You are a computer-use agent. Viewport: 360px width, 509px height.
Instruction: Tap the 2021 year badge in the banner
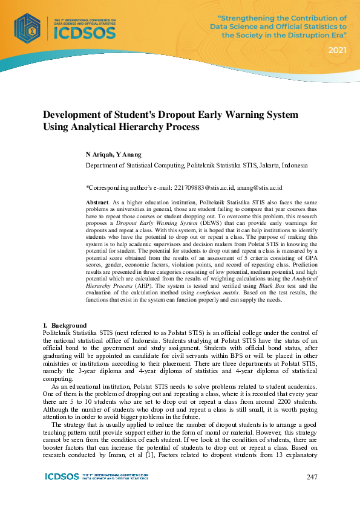pyautogui.click(x=337, y=50)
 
